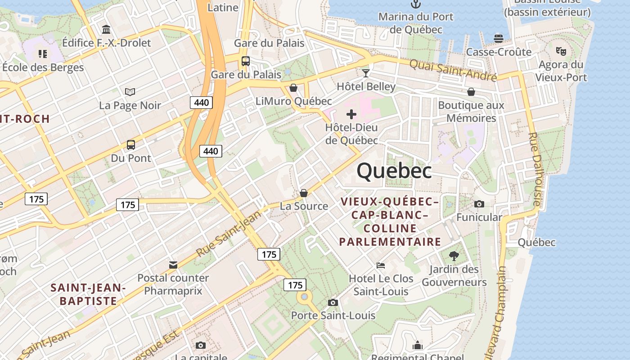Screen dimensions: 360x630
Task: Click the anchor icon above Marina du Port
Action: (416, 4)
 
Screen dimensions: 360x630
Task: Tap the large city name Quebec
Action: (394, 171)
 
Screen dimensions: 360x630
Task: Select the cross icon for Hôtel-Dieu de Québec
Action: (351, 114)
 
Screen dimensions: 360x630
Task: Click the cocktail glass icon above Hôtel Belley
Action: (366, 73)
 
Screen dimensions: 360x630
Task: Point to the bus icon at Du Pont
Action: (131, 145)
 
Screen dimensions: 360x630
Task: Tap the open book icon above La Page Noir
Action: (130, 92)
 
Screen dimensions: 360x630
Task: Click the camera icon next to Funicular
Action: (479, 204)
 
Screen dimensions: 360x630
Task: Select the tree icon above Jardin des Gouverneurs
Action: (454, 256)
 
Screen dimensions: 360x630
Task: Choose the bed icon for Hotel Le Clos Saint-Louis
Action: (381, 265)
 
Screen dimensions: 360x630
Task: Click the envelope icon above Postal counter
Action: (173, 265)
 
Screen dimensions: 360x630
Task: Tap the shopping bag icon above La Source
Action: (304, 193)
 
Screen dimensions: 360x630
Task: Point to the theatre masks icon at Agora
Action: (561, 51)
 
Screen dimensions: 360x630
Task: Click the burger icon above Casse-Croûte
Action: (499, 38)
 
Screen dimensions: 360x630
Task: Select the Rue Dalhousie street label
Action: (535, 169)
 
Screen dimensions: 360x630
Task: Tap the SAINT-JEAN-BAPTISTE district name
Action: (88, 294)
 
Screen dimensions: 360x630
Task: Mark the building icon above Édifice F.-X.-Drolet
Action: (106, 30)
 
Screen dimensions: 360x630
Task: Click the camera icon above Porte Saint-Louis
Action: (333, 302)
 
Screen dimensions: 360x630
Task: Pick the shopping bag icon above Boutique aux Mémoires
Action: (471, 92)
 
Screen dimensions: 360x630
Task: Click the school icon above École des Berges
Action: (43, 54)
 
